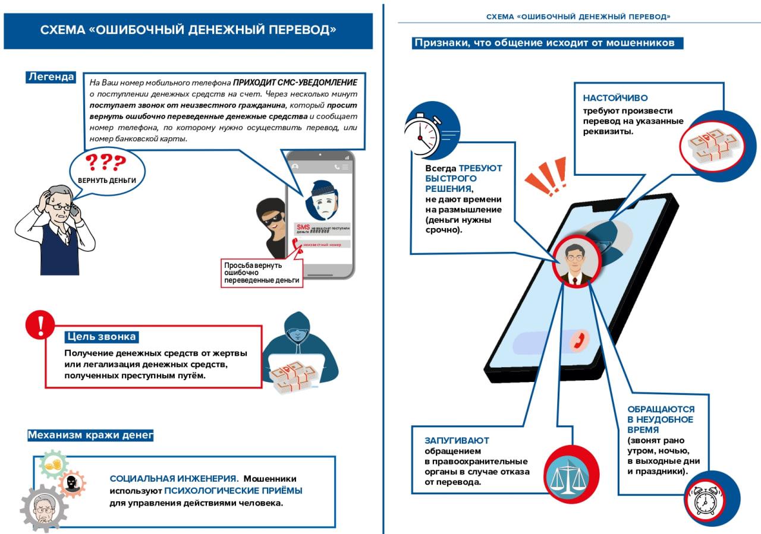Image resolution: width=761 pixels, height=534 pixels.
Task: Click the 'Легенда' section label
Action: [51, 77]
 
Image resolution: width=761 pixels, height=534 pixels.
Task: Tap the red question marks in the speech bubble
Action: [106, 162]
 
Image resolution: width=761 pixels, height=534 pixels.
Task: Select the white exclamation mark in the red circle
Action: [40, 326]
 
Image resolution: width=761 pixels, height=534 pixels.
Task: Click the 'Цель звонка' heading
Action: [102, 337]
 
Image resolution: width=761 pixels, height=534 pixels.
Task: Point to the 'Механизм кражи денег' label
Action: [90, 435]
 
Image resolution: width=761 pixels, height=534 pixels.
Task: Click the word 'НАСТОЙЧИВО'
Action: [615, 98]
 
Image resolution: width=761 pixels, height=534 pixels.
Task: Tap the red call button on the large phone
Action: [576, 341]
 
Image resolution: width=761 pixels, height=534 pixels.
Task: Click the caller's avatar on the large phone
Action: [574, 263]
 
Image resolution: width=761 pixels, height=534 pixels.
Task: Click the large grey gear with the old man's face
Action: [43, 508]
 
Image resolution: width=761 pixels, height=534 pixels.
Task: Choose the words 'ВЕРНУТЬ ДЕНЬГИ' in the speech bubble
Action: [107, 180]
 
